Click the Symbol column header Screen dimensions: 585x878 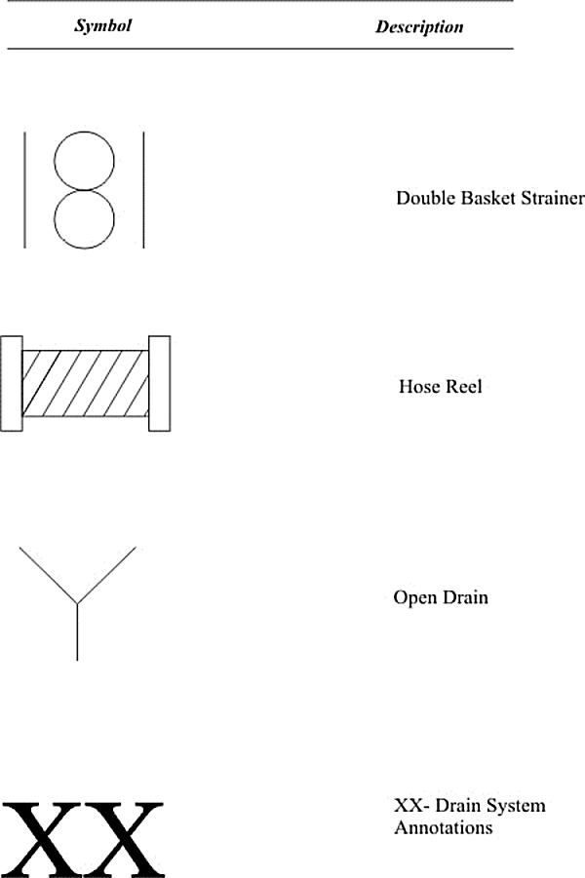coord(103,25)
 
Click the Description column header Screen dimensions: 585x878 coord(419,27)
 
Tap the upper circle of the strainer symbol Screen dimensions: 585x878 coord(84,133)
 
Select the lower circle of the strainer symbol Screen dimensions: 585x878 coord(84,248)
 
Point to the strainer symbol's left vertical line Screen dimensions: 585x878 coord(24,190)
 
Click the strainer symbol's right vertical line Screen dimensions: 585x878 coord(144,190)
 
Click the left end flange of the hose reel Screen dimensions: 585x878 coord(11,384)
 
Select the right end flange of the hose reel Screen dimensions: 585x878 coord(159,384)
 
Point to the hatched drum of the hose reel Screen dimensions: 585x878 coord(85,384)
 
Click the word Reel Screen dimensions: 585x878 coord(463,386)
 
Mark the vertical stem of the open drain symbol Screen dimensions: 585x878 coord(77,631)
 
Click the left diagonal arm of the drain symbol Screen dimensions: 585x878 coord(48,575)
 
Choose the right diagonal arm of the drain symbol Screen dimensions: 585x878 coord(106,575)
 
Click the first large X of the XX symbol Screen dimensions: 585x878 coord(42,839)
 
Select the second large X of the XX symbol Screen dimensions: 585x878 coord(124,839)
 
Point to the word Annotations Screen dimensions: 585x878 coord(444,827)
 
